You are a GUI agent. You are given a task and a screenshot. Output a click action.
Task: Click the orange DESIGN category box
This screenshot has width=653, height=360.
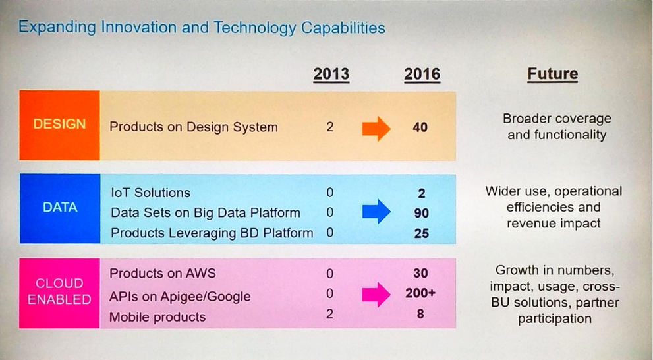[x=59, y=124]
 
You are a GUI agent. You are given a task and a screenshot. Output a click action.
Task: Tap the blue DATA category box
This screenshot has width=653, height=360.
[x=60, y=208]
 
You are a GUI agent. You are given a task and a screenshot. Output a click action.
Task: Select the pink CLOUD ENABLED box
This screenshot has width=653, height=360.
[x=59, y=291]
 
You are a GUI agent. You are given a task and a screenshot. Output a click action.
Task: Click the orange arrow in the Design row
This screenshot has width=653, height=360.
[x=376, y=127]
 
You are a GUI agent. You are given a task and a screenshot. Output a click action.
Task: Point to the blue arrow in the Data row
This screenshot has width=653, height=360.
[x=376, y=212]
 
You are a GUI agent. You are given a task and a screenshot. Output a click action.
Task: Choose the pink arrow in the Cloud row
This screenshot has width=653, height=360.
[x=376, y=294]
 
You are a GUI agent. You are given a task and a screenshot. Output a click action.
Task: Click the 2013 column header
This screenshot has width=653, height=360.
[x=331, y=73]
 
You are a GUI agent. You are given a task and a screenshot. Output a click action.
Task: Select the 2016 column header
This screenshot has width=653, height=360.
[x=422, y=73]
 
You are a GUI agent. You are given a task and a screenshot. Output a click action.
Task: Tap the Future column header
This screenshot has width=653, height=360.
[x=552, y=73]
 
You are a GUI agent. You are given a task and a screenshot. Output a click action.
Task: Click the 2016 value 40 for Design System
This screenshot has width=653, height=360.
[x=420, y=127]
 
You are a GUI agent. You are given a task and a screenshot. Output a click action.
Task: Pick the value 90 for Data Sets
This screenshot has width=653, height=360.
[x=421, y=213]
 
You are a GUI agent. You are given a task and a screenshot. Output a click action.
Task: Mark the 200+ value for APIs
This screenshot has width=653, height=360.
[x=420, y=293]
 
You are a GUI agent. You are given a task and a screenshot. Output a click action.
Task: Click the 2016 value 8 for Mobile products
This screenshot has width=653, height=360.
[x=420, y=315]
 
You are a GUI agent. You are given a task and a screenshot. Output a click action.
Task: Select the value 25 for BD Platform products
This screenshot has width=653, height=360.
[x=421, y=233]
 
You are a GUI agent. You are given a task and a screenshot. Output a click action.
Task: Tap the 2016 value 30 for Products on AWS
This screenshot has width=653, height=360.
[x=420, y=273]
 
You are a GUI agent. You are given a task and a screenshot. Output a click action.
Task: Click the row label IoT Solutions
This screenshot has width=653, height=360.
[x=150, y=193]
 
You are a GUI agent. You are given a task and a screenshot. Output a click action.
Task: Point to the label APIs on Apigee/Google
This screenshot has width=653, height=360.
[x=180, y=297]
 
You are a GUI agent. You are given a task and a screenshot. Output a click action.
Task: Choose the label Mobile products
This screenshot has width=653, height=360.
[x=157, y=317]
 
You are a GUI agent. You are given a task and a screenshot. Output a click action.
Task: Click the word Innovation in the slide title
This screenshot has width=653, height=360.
[x=140, y=28]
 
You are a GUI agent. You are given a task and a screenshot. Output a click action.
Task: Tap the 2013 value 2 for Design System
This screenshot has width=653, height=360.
[x=330, y=127]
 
